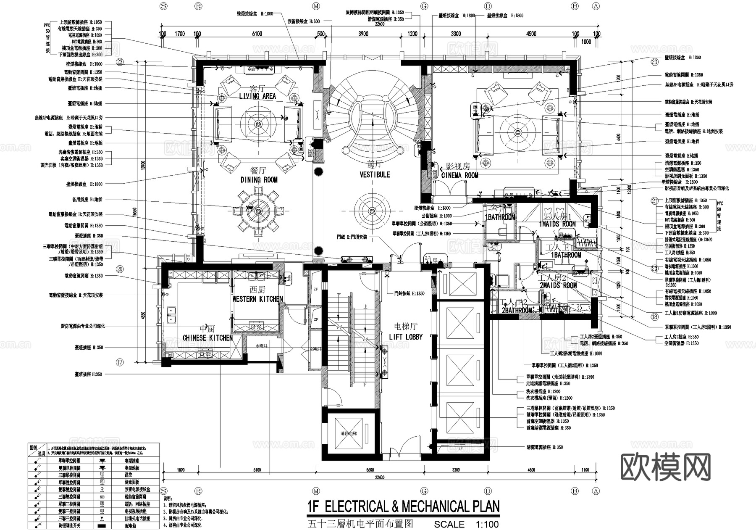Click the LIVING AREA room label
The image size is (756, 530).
coord(257,96)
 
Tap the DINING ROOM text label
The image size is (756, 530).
coord(259,180)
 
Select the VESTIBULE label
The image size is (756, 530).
coord(375,174)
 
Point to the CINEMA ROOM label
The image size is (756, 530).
coord(459,175)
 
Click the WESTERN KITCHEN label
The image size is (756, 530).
coord(257,299)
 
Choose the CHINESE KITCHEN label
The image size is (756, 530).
coord(207,338)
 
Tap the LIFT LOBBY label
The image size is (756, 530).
coord(406,337)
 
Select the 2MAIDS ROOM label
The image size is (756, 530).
coord(558,285)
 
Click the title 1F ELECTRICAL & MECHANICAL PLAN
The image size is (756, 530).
coord(403,506)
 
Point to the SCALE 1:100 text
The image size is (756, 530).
coord(466,525)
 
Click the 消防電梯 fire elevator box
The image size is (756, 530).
coord(349,433)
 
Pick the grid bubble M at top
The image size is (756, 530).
coord(316,6)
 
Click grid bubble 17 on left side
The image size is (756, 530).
coord(120,362)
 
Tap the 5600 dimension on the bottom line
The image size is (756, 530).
coord(370,470)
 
